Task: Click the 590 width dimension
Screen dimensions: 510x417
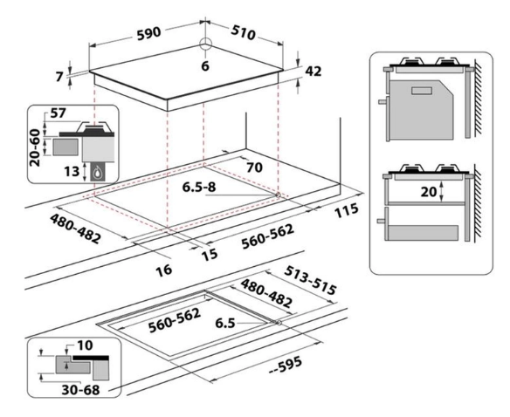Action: click(x=149, y=33)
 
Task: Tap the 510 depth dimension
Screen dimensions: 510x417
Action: click(x=244, y=32)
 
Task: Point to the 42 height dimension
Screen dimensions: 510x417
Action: click(x=313, y=72)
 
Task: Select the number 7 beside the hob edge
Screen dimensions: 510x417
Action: click(x=59, y=77)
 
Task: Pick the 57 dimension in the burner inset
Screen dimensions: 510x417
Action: click(x=59, y=113)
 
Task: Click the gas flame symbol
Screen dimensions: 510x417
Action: click(x=97, y=174)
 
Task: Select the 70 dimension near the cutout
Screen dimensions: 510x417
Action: click(x=254, y=167)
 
